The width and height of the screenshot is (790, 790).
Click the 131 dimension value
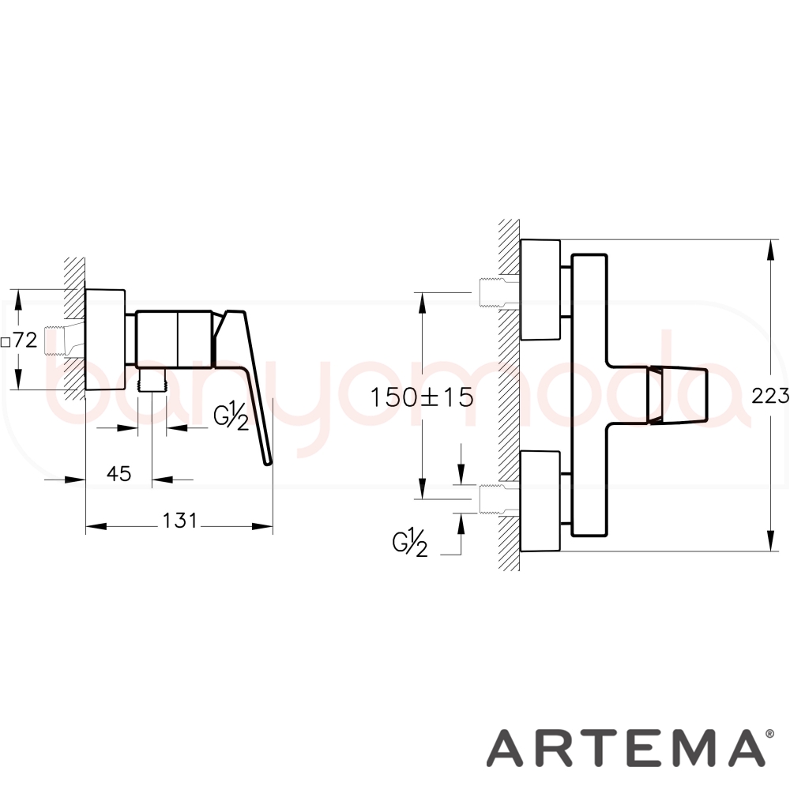[x=179, y=521]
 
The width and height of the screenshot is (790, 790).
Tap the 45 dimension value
[x=119, y=473]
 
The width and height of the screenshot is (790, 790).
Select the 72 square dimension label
[x=20, y=340]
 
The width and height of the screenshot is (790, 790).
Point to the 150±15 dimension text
[x=422, y=397]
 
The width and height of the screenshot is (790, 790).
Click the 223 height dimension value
[x=770, y=396]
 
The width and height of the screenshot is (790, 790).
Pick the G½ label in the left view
[x=231, y=416]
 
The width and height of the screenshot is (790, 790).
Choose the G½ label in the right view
[x=410, y=543]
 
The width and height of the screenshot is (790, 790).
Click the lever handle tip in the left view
[x=268, y=461]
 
